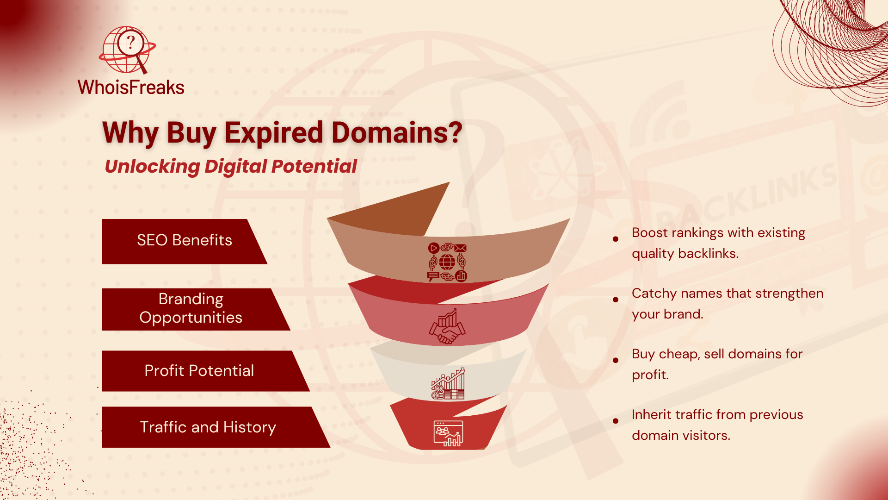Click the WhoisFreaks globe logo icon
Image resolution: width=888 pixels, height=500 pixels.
click(x=128, y=50)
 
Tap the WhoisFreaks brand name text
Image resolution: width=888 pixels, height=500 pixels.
click(x=131, y=87)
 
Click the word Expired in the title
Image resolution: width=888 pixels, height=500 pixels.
click(x=274, y=133)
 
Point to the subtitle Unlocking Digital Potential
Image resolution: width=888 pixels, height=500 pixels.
click(x=231, y=167)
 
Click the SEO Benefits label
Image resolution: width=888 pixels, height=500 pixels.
click(x=185, y=240)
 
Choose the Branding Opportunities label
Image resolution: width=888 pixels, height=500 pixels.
click(x=191, y=308)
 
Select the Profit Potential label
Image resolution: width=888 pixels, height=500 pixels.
click(x=199, y=371)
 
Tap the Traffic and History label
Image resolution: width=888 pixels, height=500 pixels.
click(x=208, y=427)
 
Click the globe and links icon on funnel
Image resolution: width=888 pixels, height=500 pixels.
click(x=447, y=262)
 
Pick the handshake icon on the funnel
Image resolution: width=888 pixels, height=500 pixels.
click(x=447, y=327)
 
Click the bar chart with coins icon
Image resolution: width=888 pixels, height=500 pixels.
click(x=448, y=384)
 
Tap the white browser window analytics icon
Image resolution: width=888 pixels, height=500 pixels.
click(x=448, y=433)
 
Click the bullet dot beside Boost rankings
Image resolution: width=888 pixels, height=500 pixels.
click(x=616, y=239)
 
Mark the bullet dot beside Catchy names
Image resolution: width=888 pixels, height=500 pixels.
click(x=616, y=300)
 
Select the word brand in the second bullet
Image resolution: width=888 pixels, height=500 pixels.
click(x=684, y=314)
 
